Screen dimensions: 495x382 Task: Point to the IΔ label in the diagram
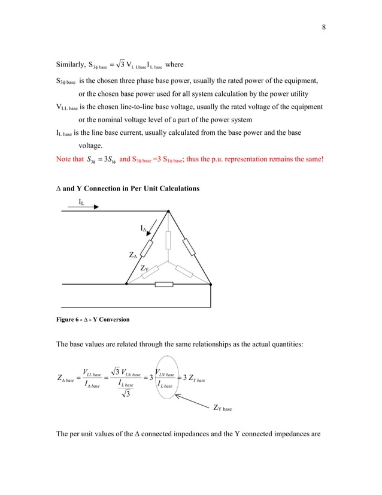click(x=143, y=228)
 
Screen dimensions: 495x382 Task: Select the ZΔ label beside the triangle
click(x=134, y=256)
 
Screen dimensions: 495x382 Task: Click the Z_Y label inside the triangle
click(x=144, y=270)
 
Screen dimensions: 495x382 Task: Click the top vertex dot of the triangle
click(x=169, y=211)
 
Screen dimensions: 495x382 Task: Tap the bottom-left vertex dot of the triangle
click(x=126, y=284)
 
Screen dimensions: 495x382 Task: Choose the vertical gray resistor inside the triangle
click(x=168, y=239)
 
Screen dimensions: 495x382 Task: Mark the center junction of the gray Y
click(x=169, y=261)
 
